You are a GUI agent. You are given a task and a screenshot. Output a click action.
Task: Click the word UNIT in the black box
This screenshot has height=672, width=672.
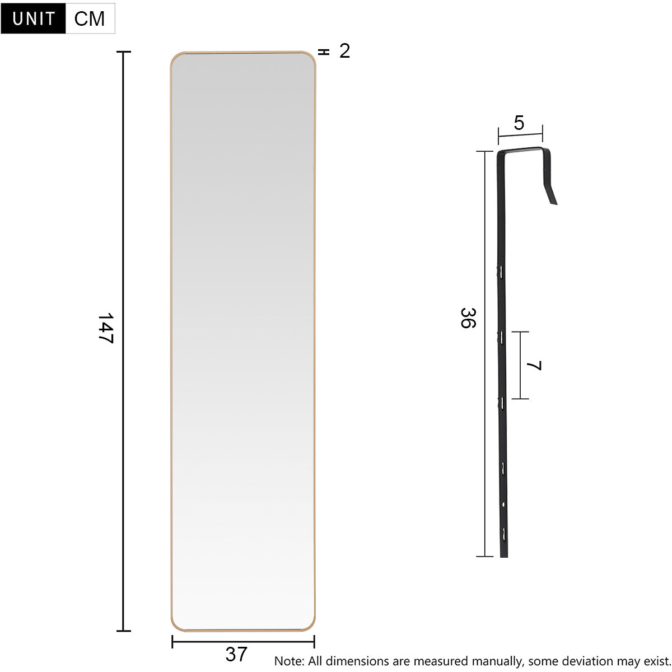(x=34, y=18)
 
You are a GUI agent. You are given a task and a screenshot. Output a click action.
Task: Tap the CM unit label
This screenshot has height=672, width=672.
(x=90, y=18)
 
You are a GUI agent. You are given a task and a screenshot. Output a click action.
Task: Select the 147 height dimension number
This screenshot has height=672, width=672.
(x=105, y=328)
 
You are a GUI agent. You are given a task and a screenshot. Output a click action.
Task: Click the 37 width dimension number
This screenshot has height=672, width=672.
(x=236, y=654)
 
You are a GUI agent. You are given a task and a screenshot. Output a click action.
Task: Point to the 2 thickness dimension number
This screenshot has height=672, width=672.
(x=344, y=51)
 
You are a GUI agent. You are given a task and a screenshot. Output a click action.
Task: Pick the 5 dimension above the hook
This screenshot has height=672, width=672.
(x=519, y=123)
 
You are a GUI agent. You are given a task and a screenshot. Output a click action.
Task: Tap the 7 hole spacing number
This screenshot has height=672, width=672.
(x=535, y=366)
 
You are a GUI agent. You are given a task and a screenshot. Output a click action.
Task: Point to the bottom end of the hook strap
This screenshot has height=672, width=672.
(x=504, y=554)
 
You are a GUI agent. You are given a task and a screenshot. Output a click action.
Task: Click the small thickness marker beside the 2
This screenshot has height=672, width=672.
(x=324, y=52)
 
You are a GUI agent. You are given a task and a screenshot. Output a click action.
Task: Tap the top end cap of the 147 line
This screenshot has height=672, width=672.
(x=123, y=52)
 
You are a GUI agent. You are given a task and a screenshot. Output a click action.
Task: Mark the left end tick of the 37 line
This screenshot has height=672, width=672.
(x=172, y=642)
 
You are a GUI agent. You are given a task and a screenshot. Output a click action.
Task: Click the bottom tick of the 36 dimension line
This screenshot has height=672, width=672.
(x=484, y=557)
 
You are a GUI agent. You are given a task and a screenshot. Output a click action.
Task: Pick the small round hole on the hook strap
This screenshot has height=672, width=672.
(x=503, y=505)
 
